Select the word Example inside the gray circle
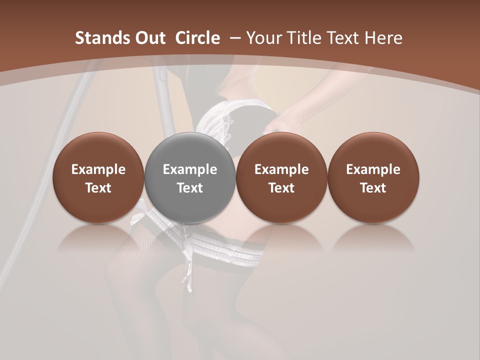(190, 169)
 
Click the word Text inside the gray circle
(190, 188)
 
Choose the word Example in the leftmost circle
(98, 169)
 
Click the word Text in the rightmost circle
(373, 188)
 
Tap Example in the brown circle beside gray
(281, 169)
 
